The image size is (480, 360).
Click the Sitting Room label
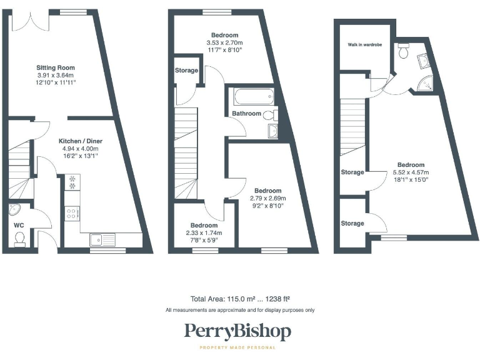[x=56, y=67]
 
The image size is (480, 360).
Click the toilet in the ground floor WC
[x=19, y=238]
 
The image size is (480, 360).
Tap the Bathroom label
[x=246, y=114]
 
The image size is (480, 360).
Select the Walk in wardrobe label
[x=365, y=46]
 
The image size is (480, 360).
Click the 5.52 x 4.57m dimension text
[x=409, y=172]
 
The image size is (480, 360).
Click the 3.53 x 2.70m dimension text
[x=224, y=42]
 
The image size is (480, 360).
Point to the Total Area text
[x=239, y=299]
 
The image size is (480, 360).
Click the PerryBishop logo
[x=237, y=331]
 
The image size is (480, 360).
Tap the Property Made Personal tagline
[x=237, y=347]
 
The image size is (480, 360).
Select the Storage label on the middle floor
[x=186, y=71]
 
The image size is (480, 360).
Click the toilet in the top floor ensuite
[x=403, y=52]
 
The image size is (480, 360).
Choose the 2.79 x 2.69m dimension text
[x=262, y=198]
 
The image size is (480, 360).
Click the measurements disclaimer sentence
[x=239, y=310]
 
